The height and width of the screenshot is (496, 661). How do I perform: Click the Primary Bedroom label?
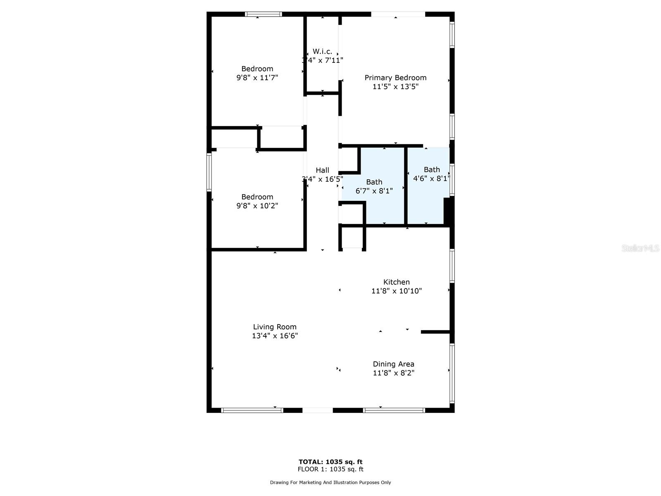(x=395, y=78)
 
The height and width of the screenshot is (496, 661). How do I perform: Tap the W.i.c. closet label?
(x=322, y=51)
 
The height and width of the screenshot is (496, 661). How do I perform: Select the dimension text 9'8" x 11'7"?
(x=257, y=78)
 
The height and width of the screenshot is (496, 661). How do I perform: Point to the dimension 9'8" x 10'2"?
(x=257, y=206)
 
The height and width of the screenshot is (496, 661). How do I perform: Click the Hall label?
(x=322, y=170)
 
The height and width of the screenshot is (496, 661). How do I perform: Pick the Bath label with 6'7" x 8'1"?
(x=374, y=182)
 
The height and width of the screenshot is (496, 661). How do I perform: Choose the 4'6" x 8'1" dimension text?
(x=431, y=179)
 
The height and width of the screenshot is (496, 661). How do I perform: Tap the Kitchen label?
(x=396, y=282)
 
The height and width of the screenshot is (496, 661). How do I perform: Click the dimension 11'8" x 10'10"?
(x=396, y=291)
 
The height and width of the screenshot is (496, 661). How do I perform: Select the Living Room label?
(x=275, y=327)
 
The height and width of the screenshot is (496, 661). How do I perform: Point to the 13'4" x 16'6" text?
(x=275, y=336)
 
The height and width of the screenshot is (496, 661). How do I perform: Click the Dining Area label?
(x=393, y=364)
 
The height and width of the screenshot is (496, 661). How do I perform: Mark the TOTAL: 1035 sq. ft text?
(x=330, y=462)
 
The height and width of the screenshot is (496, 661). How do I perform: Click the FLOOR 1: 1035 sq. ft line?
(x=330, y=469)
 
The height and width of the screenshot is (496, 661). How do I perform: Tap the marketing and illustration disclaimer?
(x=330, y=482)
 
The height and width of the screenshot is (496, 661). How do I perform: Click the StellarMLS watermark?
(x=640, y=248)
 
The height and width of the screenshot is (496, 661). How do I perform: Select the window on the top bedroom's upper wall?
(x=263, y=14)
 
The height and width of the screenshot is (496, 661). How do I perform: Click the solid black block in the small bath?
(x=449, y=211)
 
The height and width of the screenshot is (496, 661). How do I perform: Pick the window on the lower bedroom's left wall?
(x=209, y=172)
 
